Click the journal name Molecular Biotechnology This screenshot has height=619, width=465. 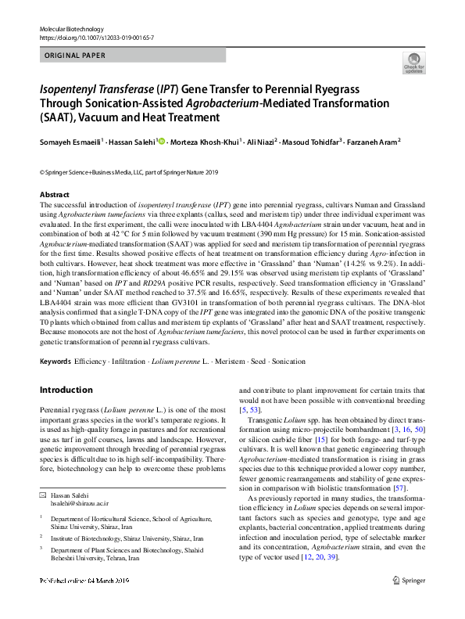pyautogui.click(x=68, y=28)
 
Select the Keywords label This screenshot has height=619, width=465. pyautogui.click(x=55, y=362)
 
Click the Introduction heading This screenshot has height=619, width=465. pyautogui.click(x=66, y=390)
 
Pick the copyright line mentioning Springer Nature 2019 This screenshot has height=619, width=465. pyautogui.click(x=129, y=171)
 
